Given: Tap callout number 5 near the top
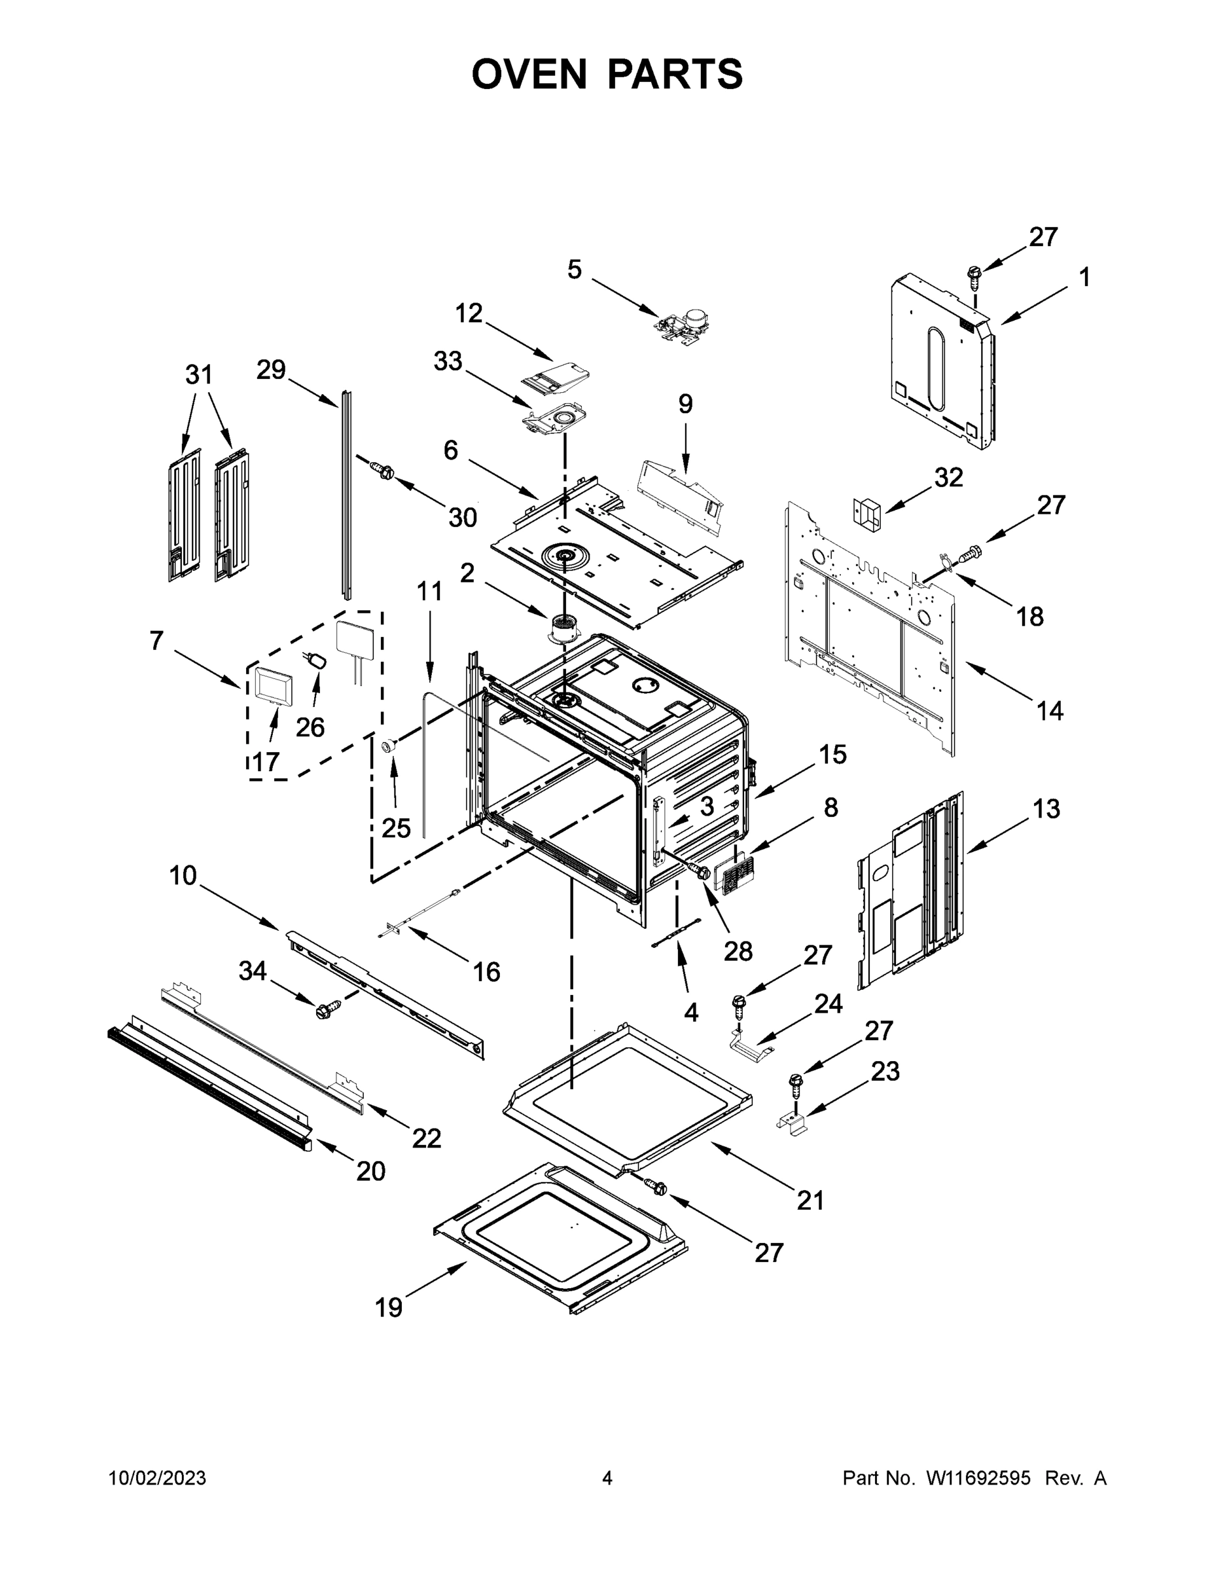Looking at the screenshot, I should tap(574, 270).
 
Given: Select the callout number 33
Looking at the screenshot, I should tap(448, 362).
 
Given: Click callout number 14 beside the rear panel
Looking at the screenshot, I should tap(1049, 712).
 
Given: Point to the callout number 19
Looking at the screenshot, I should tap(389, 1308).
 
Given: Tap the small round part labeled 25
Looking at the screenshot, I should tap(389, 747).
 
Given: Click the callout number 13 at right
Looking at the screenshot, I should tap(1046, 809).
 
